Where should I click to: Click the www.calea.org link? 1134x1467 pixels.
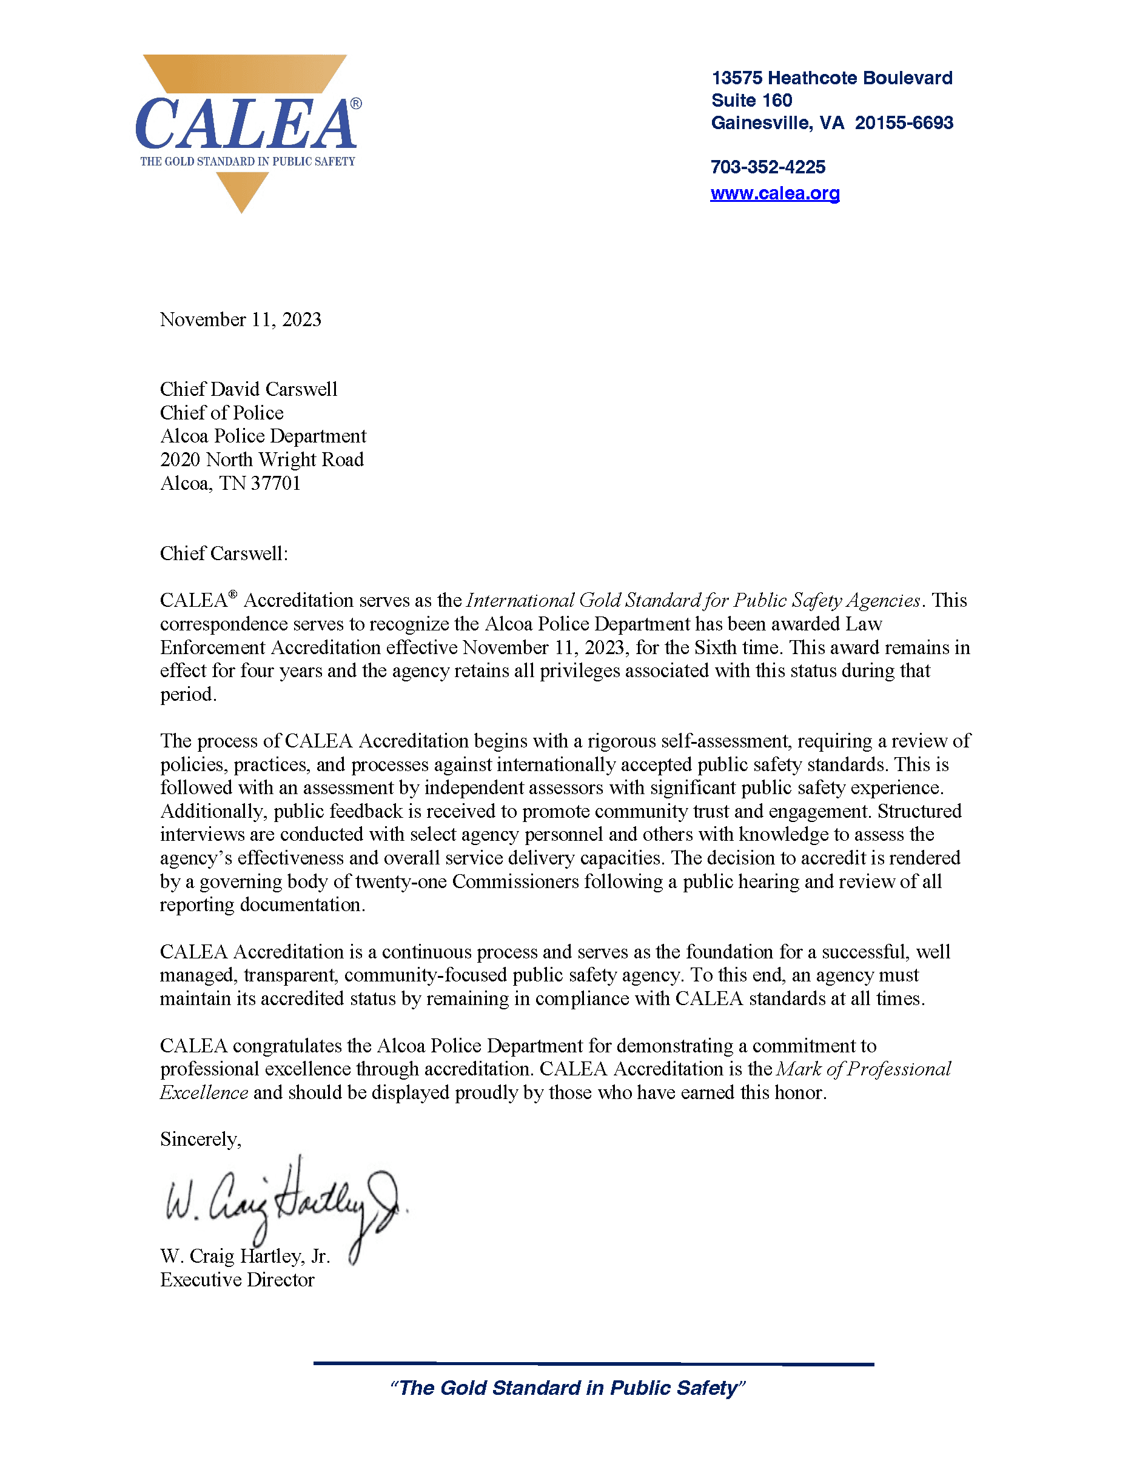[x=774, y=193]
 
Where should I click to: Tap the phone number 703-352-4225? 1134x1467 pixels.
[x=767, y=167]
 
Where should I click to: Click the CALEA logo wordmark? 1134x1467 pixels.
[x=246, y=124]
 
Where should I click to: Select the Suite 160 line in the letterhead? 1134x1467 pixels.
[x=751, y=100]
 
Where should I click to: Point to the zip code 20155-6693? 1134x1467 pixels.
[x=904, y=123]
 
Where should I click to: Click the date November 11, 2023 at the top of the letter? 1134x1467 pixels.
[x=241, y=319]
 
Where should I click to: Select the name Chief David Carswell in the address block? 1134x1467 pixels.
[x=249, y=390]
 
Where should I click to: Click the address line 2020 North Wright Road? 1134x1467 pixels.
[x=262, y=459]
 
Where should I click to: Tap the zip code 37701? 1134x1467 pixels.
[x=275, y=483]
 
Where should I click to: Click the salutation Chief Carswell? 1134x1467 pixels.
[x=224, y=553]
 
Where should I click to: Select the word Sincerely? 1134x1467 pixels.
[x=199, y=1139]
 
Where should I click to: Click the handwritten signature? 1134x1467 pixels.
[x=282, y=1202]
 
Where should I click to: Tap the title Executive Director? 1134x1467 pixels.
[x=237, y=1280]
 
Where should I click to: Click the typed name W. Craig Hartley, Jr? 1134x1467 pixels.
[x=244, y=1256]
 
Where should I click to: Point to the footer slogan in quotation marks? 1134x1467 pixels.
[x=568, y=1388]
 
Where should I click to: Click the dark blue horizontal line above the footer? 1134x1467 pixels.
[x=593, y=1363]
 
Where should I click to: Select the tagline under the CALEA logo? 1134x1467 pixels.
[x=247, y=161]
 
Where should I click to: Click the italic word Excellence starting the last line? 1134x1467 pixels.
[x=204, y=1093]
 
